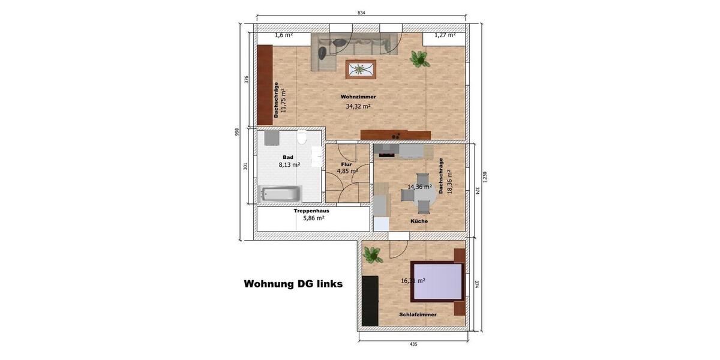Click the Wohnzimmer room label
point(358,97)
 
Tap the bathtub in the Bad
point(280,194)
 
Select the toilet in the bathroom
point(302,138)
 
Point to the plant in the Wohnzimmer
point(419,58)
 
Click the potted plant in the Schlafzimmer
point(373,255)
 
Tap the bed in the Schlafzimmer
point(437,281)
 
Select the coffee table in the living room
point(361,69)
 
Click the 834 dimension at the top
point(361,13)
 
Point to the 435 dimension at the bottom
point(413,344)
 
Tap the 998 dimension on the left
point(238,131)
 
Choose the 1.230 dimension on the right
point(485,176)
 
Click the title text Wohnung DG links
point(293,284)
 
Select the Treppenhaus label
point(311,211)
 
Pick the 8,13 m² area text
point(289,164)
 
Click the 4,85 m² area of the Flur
point(347,171)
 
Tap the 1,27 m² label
point(445,35)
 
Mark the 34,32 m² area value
point(358,107)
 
